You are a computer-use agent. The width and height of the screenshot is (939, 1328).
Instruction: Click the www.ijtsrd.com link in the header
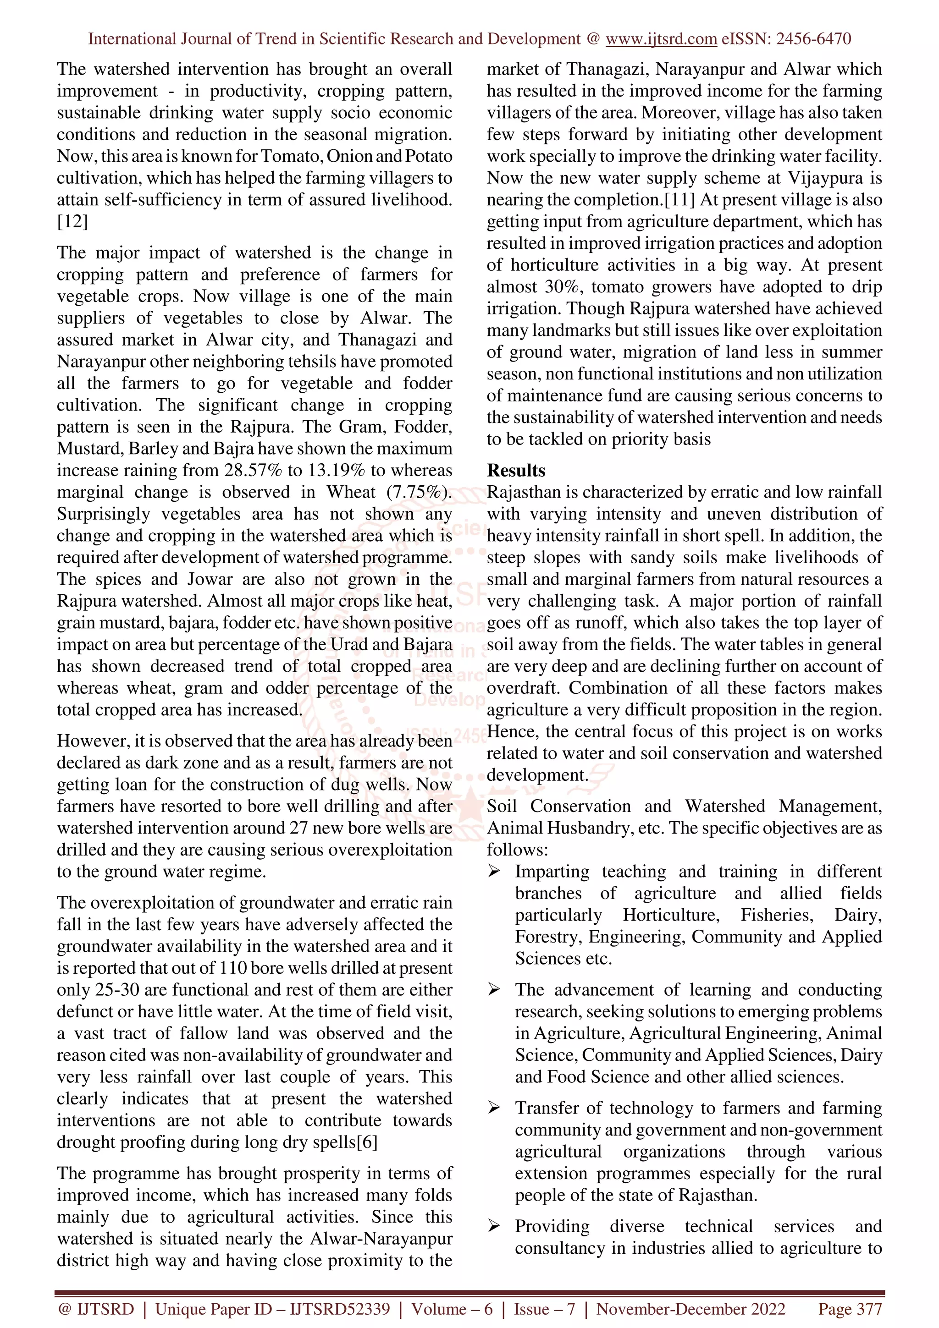tap(661, 39)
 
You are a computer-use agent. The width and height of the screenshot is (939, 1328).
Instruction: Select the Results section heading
tap(515, 470)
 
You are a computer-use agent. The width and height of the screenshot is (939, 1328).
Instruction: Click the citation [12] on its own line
tap(72, 221)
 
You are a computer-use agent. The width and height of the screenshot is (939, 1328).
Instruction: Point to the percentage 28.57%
tap(253, 470)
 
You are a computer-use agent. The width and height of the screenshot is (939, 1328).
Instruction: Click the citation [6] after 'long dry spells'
tap(367, 1142)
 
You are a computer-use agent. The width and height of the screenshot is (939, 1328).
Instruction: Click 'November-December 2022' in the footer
tap(691, 1309)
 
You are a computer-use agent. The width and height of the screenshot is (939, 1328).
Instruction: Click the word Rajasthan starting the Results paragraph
tap(524, 492)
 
